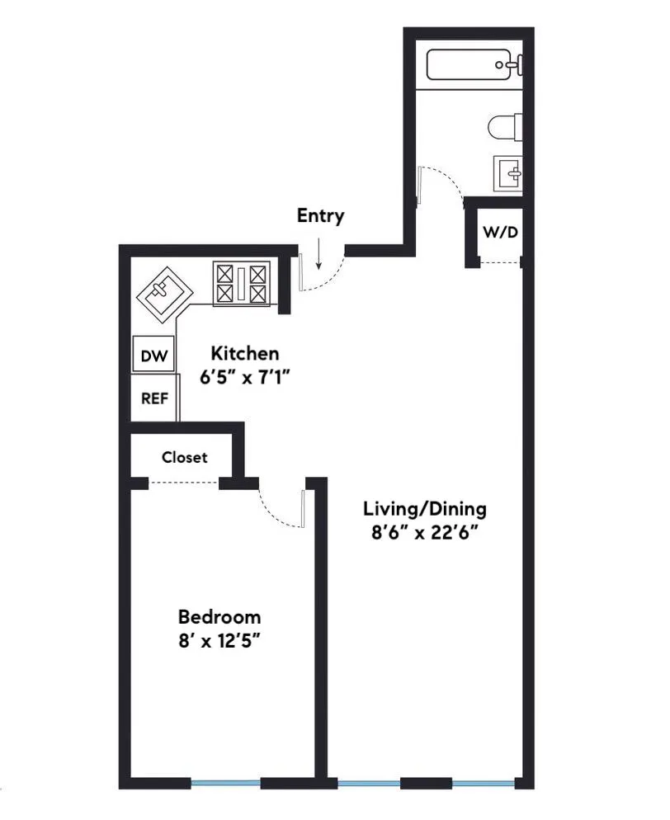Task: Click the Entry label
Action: (320, 217)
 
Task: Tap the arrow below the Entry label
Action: (319, 247)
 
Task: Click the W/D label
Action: (501, 233)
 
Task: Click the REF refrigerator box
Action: (154, 398)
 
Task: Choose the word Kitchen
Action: (245, 354)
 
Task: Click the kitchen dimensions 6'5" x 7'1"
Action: (245, 378)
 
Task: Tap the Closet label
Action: (184, 457)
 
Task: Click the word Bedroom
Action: (219, 617)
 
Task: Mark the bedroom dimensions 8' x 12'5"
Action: (219, 641)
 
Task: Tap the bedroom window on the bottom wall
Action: (226, 783)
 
